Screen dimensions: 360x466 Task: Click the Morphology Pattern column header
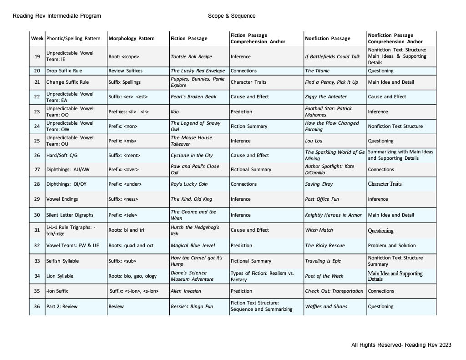tap(132, 39)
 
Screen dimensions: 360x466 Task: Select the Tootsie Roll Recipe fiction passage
tap(191, 57)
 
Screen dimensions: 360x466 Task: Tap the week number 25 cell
tap(36, 141)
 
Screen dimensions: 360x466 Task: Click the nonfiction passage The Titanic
tap(317, 71)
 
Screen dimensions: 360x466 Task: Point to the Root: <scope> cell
tap(124, 57)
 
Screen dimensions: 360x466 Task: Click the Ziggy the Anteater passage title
tap(326, 96)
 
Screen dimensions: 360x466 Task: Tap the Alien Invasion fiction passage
tap(186, 291)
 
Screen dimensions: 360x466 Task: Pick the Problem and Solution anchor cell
tap(392, 245)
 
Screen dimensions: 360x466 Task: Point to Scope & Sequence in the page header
tap(232, 16)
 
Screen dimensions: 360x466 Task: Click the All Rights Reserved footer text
tap(401, 345)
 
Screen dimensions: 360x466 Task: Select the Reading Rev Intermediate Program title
tap(57, 16)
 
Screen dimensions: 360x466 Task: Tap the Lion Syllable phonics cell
tap(60, 276)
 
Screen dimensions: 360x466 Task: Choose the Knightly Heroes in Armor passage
tap(333, 215)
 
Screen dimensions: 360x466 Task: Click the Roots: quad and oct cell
tap(131, 245)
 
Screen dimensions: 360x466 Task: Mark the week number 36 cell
tap(36, 306)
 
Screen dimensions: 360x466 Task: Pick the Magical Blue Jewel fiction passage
tap(192, 245)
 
